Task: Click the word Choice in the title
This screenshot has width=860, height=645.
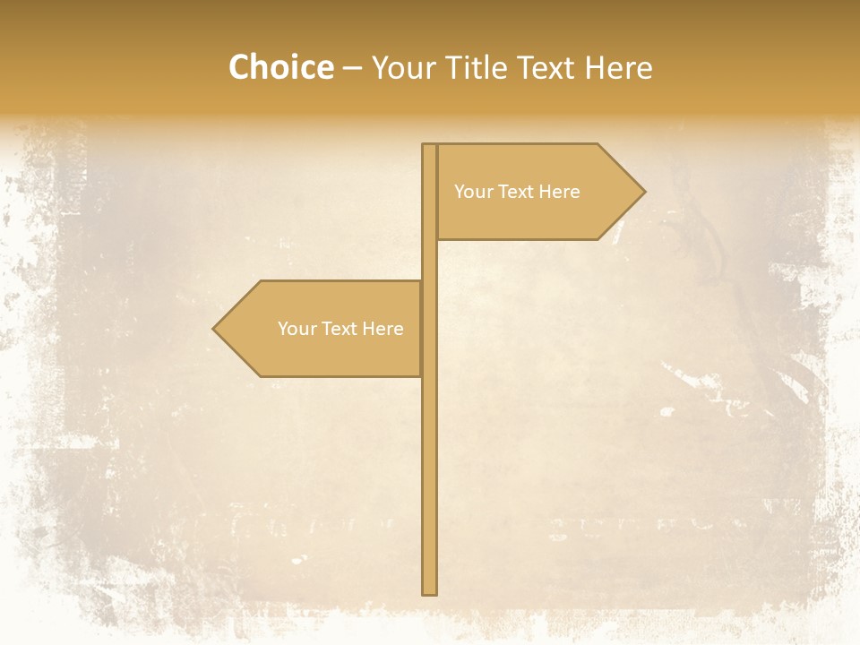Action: (280, 67)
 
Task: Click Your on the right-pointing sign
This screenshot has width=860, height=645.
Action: (473, 192)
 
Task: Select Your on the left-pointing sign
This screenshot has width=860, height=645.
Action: (297, 329)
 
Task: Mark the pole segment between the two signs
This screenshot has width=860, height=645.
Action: (429, 261)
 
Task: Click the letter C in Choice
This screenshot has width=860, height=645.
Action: (240, 67)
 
